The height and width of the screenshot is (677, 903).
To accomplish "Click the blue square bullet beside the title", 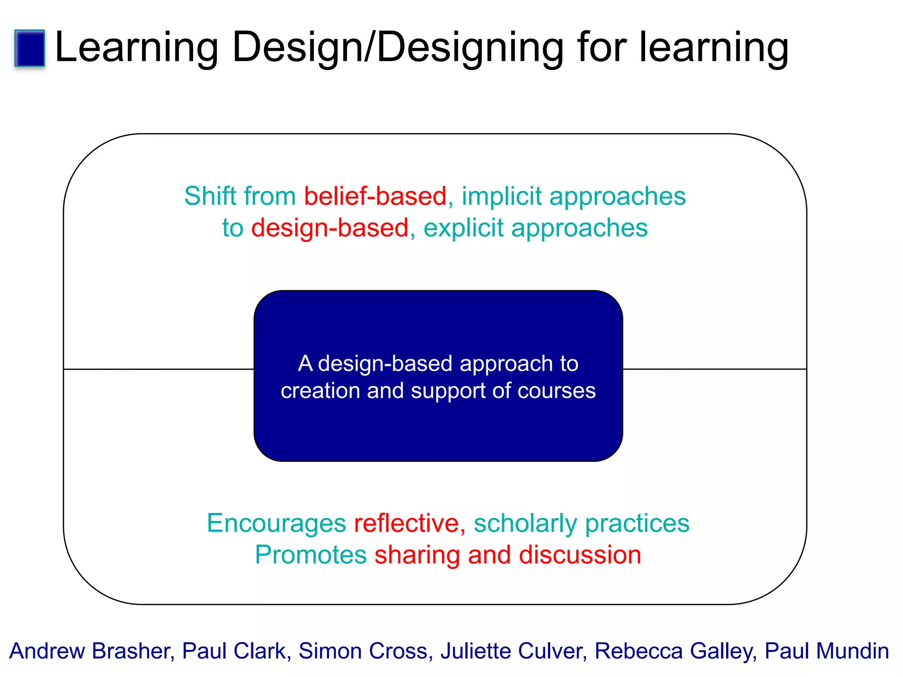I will click(30, 48).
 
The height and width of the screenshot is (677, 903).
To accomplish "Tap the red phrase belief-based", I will click(375, 196).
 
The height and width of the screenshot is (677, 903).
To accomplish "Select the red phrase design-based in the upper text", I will click(330, 228).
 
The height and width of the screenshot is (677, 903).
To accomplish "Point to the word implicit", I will click(501, 196).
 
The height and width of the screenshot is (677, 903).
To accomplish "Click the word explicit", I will click(463, 228).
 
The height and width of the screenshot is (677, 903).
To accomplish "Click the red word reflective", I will click(407, 523).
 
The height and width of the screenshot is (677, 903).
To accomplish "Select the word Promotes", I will click(310, 554).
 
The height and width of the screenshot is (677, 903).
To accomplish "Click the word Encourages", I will click(276, 523).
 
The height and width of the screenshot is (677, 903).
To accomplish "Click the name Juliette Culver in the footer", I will click(513, 651).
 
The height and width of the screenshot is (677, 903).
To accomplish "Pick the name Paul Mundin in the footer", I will click(826, 651).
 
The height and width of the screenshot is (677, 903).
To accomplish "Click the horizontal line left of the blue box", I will click(159, 369).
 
